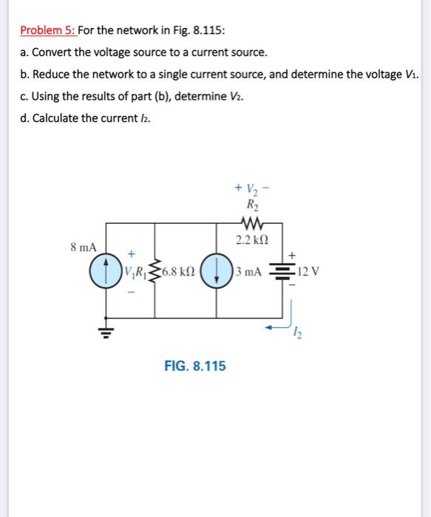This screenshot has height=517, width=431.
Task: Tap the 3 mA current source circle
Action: click(x=217, y=272)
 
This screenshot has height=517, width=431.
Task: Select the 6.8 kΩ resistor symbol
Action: click(x=155, y=271)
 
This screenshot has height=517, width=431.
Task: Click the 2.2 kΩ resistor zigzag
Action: click(x=252, y=224)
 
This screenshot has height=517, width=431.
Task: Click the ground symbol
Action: click(x=106, y=333)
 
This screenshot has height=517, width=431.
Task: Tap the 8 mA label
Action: click(x=84, y=247)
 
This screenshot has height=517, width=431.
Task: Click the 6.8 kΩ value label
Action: click(x=178, y=272)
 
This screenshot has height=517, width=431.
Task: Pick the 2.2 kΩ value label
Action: click(x=252, y=240)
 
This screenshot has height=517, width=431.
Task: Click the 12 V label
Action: click(x=308, y=272)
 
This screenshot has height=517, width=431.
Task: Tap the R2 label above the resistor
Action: click(x=253, y=205)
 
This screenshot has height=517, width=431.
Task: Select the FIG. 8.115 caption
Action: click(x=195, y=366)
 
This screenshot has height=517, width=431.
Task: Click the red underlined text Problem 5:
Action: click(x=48, y=30)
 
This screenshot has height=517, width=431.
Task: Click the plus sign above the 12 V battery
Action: click(x=292, y=256)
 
